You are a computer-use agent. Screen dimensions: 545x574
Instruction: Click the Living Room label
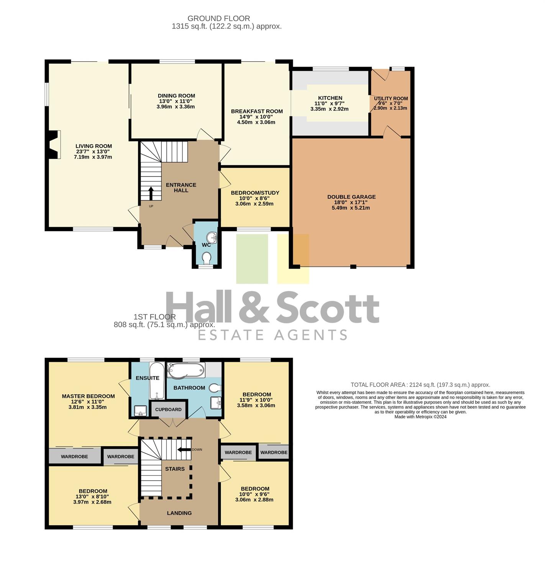[x=94, y=146]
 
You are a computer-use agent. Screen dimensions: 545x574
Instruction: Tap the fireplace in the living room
[x=53, y=145]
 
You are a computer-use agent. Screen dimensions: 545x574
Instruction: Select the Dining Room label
[x=176, y=96]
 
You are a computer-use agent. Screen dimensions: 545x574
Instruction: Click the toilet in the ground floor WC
[x=207, y=258]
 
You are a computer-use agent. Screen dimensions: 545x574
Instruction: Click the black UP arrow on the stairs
[x=151, y=193]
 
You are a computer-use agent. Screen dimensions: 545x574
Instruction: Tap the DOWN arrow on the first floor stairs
[x=184, y=450]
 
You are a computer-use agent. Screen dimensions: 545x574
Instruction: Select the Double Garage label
[x=351, y=197]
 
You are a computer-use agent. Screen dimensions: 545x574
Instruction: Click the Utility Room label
[x=391, y=98]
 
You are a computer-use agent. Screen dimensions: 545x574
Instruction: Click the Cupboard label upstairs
[x=168, y=409]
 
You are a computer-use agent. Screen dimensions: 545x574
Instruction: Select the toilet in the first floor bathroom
[x=216, y=388]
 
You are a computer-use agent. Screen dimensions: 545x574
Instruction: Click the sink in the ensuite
[x=141, y=411]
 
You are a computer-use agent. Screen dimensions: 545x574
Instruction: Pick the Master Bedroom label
[x=89, y=396]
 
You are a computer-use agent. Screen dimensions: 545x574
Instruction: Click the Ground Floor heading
[x=219, y=18]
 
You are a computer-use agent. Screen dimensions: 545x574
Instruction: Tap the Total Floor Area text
[x=420, y=385]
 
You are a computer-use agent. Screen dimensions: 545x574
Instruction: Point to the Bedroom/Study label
[x=255, y=193]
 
